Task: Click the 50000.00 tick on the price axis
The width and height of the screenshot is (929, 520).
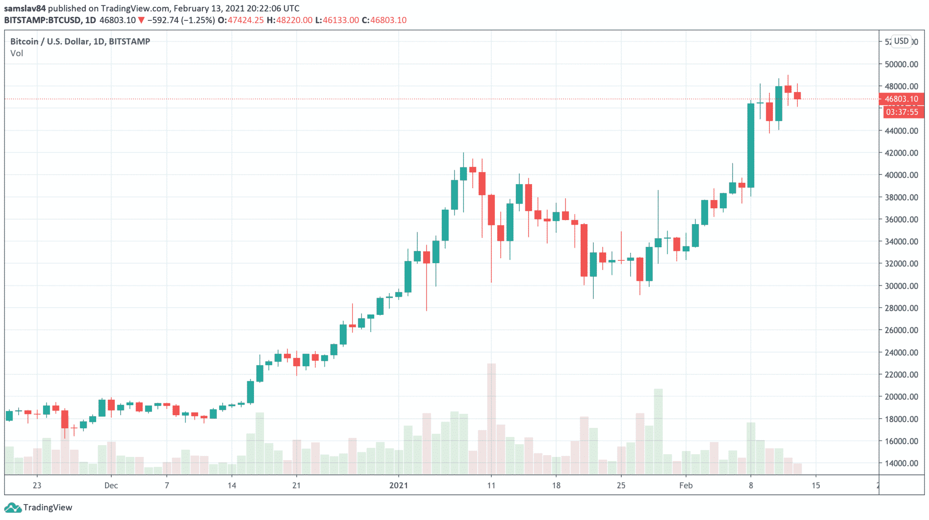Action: pos(901,64)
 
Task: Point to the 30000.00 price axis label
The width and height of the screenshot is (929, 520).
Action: pos(901,286)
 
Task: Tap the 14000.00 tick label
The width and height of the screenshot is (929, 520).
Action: pos(901,463)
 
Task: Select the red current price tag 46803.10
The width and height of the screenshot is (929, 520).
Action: pos(901,99)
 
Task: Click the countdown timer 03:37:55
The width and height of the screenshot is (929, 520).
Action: pos(902,112)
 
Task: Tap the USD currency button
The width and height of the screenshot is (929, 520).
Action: pos(901,41)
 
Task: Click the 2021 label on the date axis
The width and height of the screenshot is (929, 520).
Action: pos(399,486)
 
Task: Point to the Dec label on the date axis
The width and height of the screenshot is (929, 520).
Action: pos(111,486)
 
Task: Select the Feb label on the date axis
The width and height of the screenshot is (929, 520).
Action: pos(686,486)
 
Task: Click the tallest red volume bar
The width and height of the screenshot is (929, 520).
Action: pos(491,417)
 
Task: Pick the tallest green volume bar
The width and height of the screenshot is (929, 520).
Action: pos(658,431)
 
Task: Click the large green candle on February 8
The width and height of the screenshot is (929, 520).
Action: pos(751,145)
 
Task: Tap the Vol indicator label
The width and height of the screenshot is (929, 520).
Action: pos(17,54)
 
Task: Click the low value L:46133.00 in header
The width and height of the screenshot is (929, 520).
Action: pos(337,20)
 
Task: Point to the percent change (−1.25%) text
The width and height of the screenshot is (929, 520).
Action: pos(198,20)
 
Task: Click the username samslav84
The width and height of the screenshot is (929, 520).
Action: pos(25,9)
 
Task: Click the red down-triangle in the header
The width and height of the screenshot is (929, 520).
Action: pos(142,20)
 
